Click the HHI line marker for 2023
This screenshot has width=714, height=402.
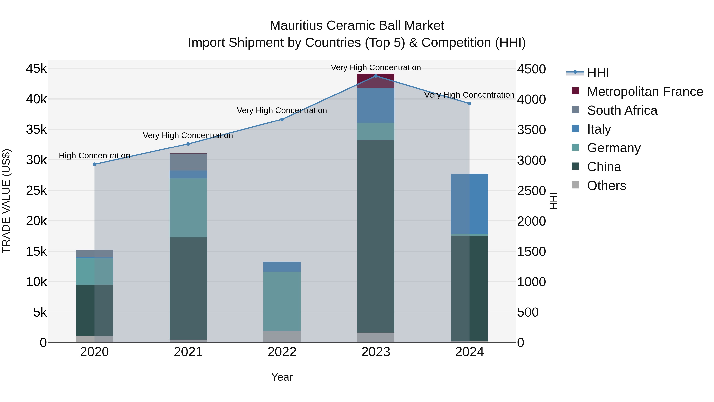376,76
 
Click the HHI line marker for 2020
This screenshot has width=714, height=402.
95,164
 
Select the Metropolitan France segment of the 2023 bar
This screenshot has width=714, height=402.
376,81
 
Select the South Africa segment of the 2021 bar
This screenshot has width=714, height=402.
188,162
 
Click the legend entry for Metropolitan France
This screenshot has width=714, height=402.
645,92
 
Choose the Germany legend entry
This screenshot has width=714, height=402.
614,148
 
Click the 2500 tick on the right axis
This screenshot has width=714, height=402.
531,191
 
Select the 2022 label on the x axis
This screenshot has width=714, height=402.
282,352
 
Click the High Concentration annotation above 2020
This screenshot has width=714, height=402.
95,156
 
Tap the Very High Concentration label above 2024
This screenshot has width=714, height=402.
469,95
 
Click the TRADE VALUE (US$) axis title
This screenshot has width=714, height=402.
6,201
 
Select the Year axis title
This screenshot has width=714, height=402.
282,377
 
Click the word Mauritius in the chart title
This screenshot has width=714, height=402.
296,26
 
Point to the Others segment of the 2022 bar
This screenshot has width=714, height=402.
282,336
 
